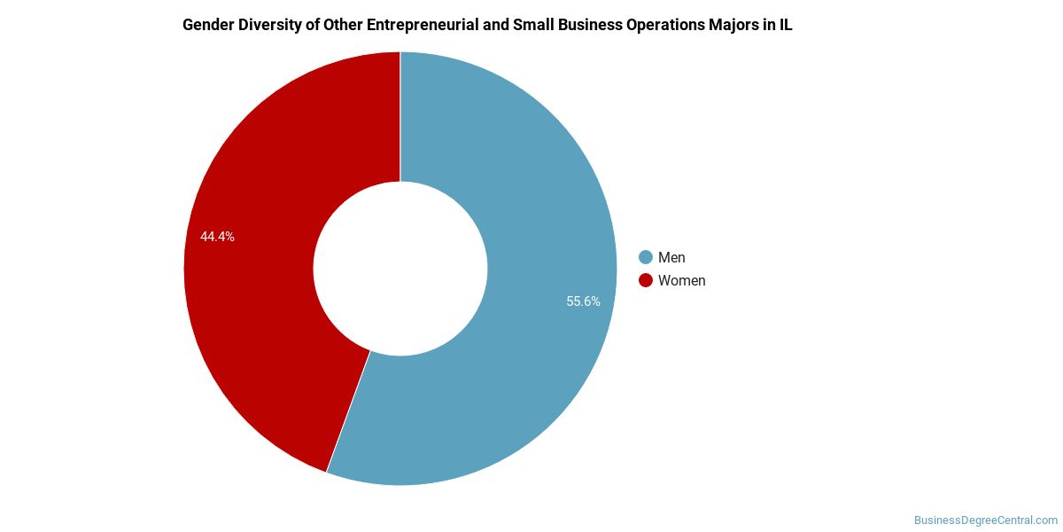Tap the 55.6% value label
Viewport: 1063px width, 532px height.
[583, 301]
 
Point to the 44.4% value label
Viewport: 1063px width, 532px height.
[217, 237]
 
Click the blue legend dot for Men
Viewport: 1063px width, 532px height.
[645, 257]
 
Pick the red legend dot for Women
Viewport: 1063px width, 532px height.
[645, 280]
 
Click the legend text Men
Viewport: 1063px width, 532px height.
[671, 257]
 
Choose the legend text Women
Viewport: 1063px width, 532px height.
[681, 280]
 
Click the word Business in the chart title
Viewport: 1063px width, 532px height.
[590, 25]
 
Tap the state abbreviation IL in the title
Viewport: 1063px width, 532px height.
[786, 25]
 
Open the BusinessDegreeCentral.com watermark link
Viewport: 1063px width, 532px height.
[986, 520]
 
